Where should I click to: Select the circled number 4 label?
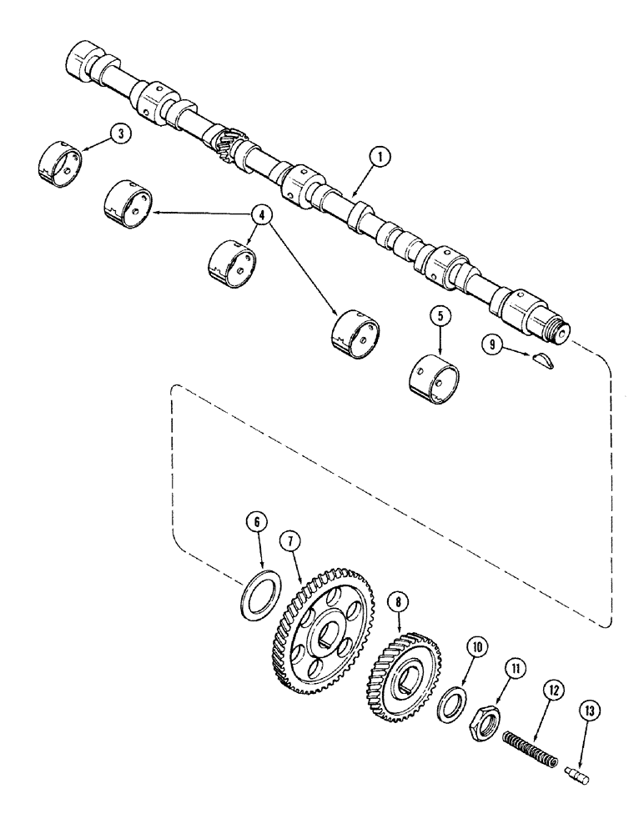(263, 216)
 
